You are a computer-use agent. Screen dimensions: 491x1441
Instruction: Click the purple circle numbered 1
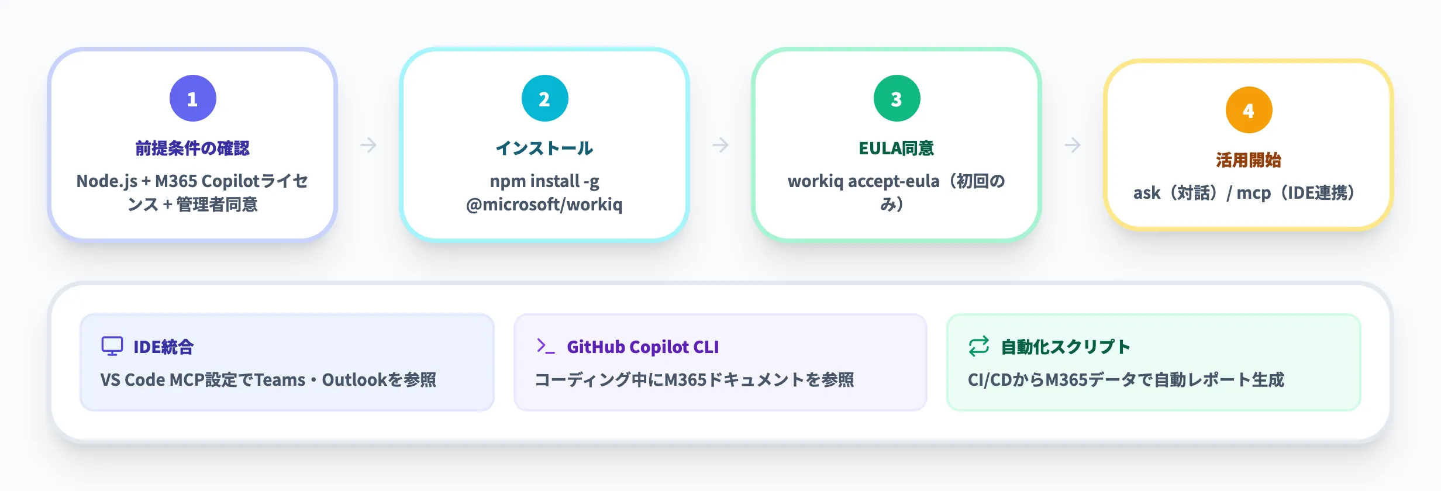coord(192,98)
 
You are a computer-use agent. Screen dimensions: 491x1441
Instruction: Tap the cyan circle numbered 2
coord(544,98)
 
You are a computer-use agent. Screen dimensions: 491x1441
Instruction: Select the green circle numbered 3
coord(897,98)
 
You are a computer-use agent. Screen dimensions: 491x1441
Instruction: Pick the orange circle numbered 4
coord(1249,110)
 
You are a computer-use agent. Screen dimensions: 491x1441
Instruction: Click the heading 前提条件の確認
coord(192,148)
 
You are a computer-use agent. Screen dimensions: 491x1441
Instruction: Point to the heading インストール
coord(544,148)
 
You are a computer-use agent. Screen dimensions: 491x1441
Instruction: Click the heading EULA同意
coord(897,148)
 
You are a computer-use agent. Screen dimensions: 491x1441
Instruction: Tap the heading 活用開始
coord(1249,160)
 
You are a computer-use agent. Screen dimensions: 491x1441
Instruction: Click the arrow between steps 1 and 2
coord(368,145)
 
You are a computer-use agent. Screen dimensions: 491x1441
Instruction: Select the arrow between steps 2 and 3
coord(720,145)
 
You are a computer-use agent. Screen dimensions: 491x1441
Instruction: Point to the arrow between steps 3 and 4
coord(1073,145)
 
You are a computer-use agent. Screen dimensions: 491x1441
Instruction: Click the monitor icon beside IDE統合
coord(112,346)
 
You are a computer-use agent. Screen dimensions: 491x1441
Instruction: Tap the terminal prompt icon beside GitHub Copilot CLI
coord(545,346)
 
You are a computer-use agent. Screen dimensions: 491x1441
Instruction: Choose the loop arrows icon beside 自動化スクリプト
coord(979,346)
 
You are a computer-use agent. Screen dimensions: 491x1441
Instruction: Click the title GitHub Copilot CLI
coord(643,347)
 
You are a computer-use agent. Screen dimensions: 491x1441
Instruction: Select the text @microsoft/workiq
coord(544,205)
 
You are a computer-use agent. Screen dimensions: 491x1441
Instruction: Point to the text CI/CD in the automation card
coord(988,380)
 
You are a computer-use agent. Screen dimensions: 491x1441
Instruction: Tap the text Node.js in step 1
coord(106,181)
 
